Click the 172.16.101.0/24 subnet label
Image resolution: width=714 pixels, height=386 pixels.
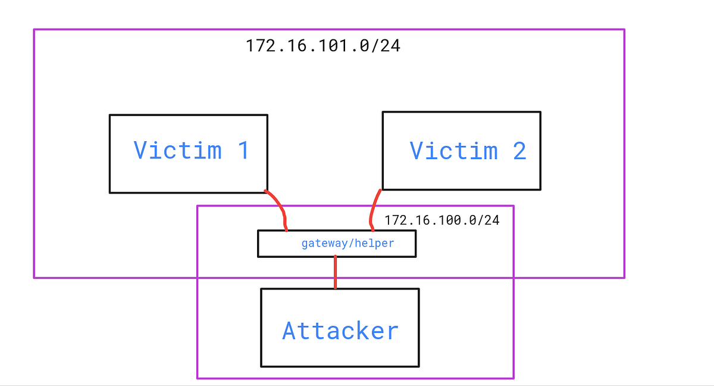(x=323, y=45)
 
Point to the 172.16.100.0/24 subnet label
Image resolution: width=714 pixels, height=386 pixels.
(x=441, y=220)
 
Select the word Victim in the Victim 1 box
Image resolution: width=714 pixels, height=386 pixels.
(x=177, y=150)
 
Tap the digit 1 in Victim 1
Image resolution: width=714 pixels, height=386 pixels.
(x=242, y=150)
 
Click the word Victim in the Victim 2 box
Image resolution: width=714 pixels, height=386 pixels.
(x=453, y=151)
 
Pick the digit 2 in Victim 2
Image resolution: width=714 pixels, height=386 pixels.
(x=519, y=151)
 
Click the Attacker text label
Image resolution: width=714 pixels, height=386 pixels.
(x=340, y=331)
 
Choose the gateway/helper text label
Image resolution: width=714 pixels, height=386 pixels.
(x=347, y=244)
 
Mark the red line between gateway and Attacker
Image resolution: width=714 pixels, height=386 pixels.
(x=336, y=272)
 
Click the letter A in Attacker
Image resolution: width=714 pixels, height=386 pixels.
(x=290, y=331)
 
